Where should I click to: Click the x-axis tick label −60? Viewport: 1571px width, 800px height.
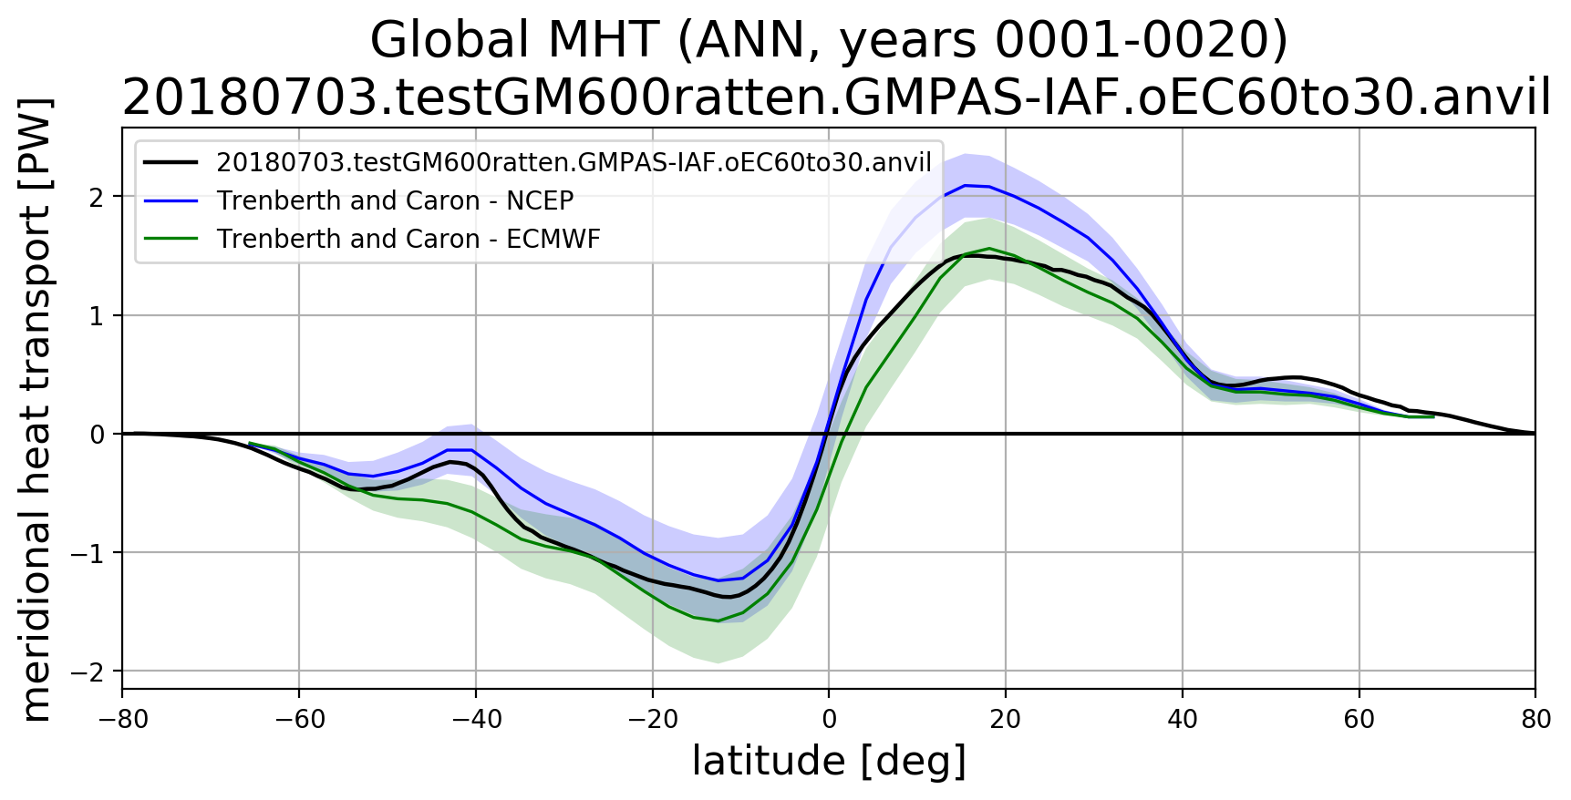(x=300, y=720)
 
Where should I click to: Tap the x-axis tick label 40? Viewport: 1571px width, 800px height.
(x=1183, y=720)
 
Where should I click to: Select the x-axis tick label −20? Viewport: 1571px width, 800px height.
(x=653, y=720)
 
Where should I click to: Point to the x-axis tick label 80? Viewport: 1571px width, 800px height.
(x=1535, y=720)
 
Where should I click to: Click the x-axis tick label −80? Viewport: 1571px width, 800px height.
(x=123, y=720)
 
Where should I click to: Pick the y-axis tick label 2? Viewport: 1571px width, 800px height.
(x=97, y=197)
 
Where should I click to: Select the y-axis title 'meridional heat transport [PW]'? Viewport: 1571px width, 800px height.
(x=36, y=409)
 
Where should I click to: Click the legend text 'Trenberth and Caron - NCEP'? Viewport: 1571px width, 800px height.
(x=395, y=200)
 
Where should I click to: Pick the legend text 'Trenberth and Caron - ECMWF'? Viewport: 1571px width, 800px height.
(x=408, y=239)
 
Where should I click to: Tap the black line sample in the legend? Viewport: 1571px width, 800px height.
(x=171, y=162)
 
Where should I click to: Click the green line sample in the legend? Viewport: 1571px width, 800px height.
(x=171, y=239)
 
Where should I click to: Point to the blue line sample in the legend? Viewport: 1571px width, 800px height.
(x=171, y=200)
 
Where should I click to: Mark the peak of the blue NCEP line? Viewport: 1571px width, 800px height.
(x=965, y=185)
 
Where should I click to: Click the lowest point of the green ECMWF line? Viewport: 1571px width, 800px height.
(x=718, y=621)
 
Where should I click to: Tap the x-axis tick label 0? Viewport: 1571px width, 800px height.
(x=829, y=720)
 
